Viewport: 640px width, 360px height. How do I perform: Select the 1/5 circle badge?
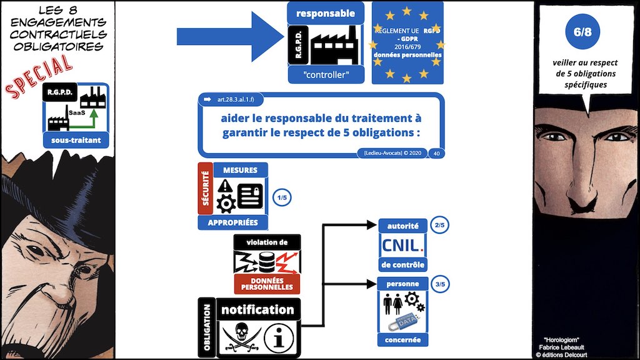pos(282,198)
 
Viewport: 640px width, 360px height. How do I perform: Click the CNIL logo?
pos(402,244)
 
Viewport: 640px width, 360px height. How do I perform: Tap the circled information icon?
pos(278,337)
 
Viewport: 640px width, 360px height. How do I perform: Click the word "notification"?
pos(257,309)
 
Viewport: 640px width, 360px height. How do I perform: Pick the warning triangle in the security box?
pos(225,185)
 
